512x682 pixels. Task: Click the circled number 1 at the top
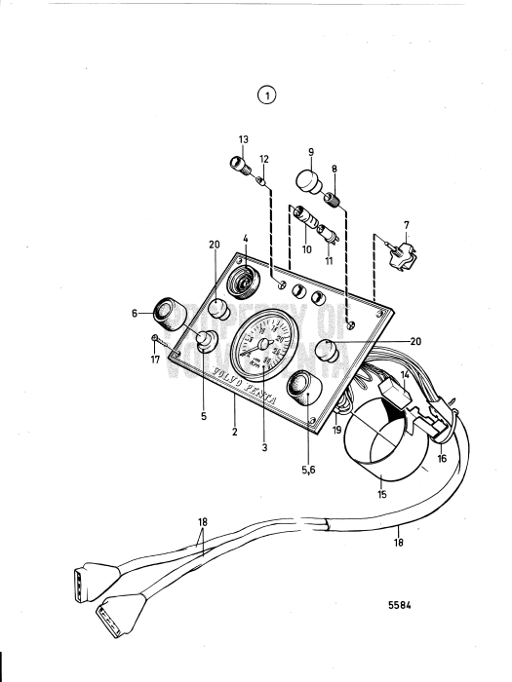[x=265, y=95]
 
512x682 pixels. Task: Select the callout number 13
[x=244, y=140]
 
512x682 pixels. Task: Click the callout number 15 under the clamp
[x=381, y=495]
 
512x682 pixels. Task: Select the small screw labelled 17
[x=156, y=338]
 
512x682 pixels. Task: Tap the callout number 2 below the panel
[x=235, y=430]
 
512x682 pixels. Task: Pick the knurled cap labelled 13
[x=236, y=163]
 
